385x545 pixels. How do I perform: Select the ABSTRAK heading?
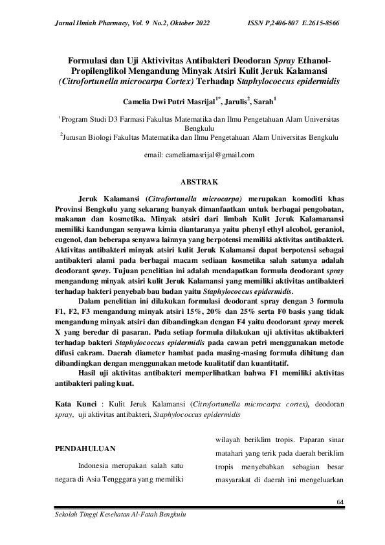tap(192, 183)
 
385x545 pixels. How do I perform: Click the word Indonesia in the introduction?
tap(95, 465)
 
